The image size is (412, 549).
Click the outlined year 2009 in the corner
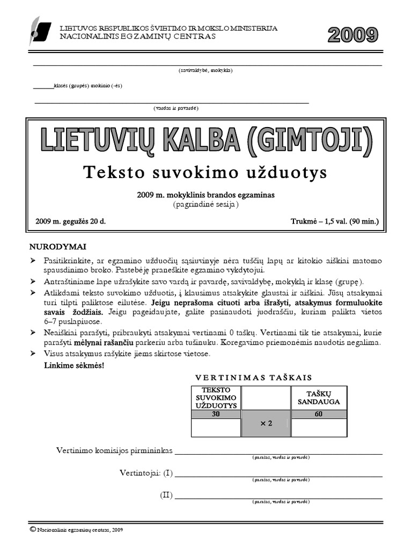coord(353,35)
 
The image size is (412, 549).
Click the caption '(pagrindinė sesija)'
coord(205,204)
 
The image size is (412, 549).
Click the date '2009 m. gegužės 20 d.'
coord(71,221)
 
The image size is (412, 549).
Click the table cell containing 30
coord(216,413)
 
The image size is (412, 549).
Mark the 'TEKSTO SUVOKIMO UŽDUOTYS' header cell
coord(216,398)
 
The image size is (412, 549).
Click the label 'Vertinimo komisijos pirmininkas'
coord(115,450)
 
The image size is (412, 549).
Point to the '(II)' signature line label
coord(166,495)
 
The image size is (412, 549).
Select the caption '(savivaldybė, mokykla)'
coord(206,70)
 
